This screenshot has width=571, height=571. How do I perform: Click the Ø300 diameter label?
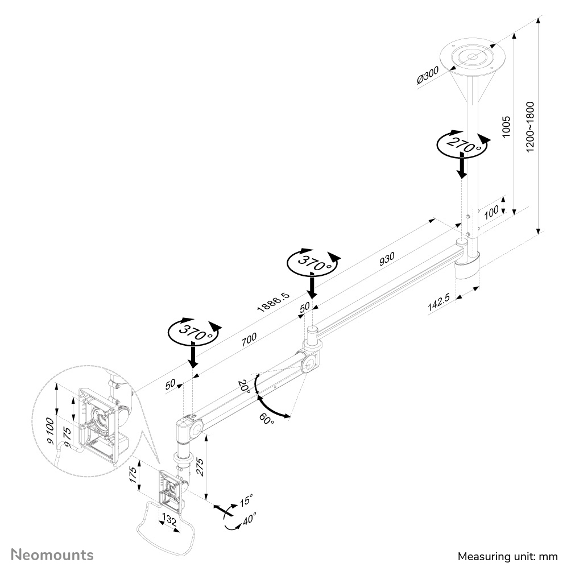(428, 75)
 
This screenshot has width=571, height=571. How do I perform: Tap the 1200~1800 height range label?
(530, 127)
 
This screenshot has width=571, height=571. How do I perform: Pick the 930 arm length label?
(386, 258)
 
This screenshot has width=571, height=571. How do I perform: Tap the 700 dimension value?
(249, 339)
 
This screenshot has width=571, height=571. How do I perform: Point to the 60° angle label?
(266, 419)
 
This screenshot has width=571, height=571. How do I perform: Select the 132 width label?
(169, 520)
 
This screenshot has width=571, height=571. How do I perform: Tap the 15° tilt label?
(246, 500)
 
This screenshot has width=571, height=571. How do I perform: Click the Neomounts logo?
(53, 554)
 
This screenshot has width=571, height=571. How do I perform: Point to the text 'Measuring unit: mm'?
(507, 556)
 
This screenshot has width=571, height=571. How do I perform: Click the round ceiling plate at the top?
(473, 57)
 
